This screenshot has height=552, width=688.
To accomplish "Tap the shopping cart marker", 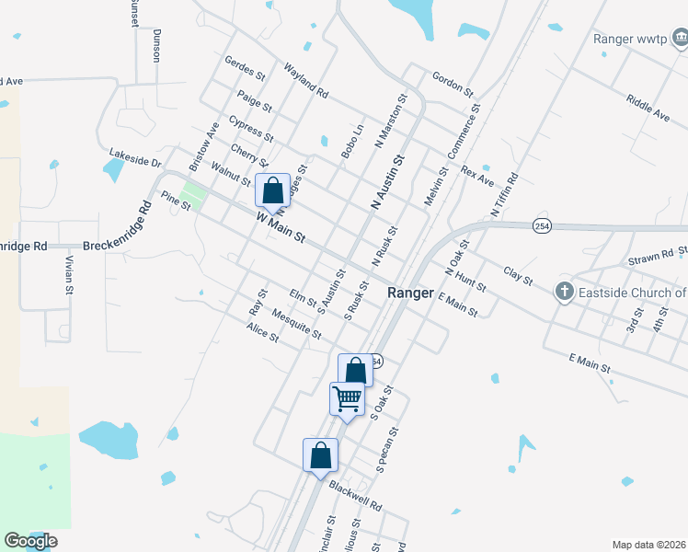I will click(x=347, y=399).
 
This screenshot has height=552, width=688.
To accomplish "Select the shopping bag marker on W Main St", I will click(x=272, y=191).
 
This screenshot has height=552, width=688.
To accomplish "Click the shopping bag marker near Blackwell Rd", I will click(x=320, y=455).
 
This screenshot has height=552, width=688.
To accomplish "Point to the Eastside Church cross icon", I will click(x=565, y=293).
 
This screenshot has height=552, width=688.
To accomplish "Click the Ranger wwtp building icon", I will click(x=680, y=39).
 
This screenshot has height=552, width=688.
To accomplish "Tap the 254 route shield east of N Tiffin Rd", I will click(x=542, y=226).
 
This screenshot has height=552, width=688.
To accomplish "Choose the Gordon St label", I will click(x=452, y=84).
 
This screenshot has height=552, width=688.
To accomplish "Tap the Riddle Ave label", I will click(x=648, y=108).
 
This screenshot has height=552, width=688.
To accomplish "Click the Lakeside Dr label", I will click(x=134, y=157).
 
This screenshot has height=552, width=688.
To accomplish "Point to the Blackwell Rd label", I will click(x=355, y=496).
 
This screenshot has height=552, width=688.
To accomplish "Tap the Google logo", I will click(x=30, y=541).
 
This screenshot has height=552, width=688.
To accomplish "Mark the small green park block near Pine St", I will click(x=194, y=196).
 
